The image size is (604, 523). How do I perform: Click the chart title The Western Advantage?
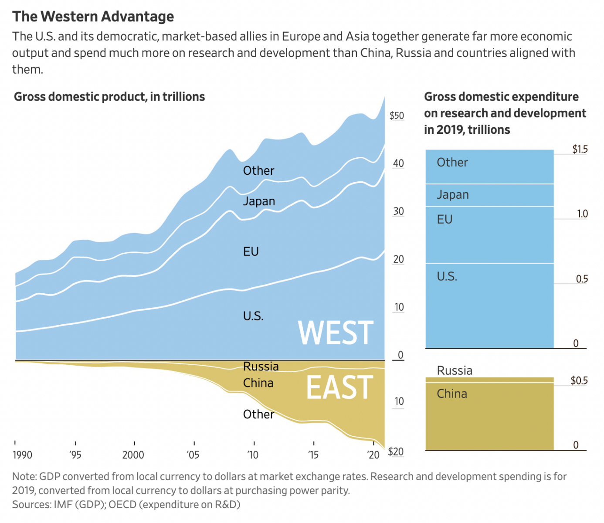point(93,17)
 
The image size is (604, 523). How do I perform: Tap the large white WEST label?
point(336,333)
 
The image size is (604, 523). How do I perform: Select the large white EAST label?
point(339,387)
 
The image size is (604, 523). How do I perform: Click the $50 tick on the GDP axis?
point(397,116)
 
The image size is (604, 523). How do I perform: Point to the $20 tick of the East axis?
point(396,452)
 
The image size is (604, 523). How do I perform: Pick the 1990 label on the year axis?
point(22,455)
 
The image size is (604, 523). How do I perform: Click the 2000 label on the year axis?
point(133,455)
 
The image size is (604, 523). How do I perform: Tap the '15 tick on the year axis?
point(313,455)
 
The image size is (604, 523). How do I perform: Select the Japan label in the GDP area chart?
point(259,201)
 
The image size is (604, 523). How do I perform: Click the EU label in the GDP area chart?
point(251,251)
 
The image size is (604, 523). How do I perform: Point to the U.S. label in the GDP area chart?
point(253,316)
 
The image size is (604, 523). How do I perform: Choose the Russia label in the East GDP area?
point(261,367)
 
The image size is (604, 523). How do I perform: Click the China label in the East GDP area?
point(258,383)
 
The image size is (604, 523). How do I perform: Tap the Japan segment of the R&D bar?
point(489,195)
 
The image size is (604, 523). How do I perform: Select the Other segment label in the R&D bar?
point(452,163)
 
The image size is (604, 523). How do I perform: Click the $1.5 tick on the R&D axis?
point(580,149)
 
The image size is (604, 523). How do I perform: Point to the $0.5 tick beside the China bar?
point(579,380)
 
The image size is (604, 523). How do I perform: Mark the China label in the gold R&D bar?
point(452,394)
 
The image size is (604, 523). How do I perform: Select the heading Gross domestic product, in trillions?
point(109,97)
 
